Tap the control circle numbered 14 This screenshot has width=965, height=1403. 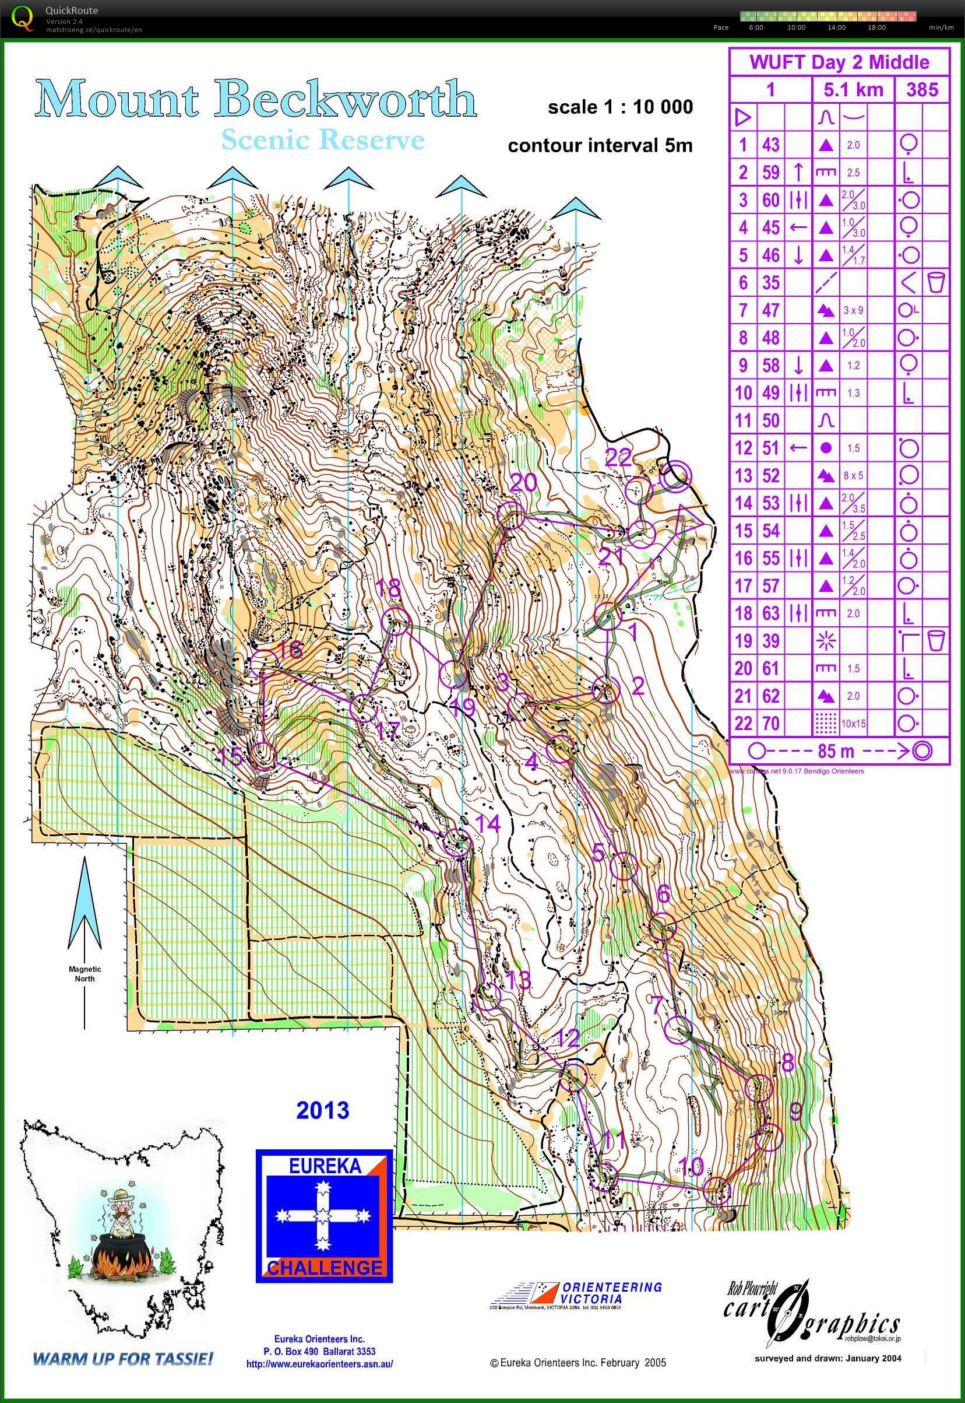point(457,841)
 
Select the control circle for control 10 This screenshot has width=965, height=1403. point(718,1190)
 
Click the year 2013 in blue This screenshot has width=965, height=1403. point(322,1110)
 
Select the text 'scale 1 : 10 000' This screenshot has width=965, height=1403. point(620,108)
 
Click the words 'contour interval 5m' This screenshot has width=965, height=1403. point(600,146)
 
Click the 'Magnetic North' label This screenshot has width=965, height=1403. point(84,973)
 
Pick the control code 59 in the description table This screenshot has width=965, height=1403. point(770,173)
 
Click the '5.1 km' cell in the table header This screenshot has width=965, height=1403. point(853,90)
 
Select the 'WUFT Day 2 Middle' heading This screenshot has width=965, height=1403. point(839,62)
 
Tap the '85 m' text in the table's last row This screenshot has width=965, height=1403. point(836,752)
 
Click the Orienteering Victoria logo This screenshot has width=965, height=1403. point(575,1296)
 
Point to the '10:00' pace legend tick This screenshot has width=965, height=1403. point(797,27)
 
